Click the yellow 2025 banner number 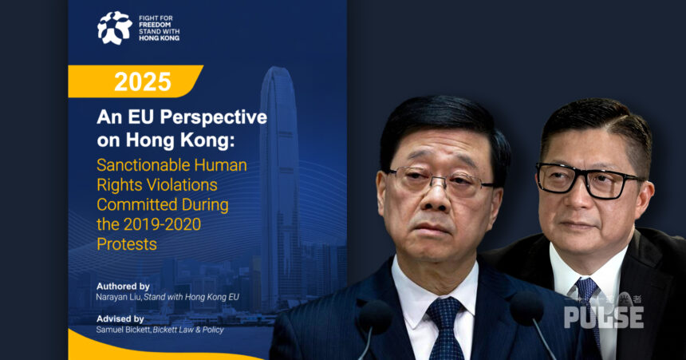point(143,81)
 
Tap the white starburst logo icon point(115,28)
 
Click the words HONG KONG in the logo point(160,38)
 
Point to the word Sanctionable point(144,165)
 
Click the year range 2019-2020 point(162,224)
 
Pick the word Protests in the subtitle point(127,244)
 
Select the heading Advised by point(120,318)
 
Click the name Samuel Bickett point(123,330)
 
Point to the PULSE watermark point(604,317)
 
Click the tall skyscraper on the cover point(280,188)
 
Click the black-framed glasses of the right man point(589,180)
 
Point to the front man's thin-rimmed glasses point(440,182)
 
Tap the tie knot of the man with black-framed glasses point(586,287)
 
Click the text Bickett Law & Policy point(188,330)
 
